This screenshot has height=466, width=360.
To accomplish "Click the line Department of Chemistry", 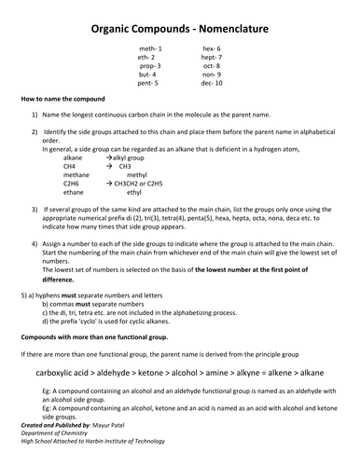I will pos(53,432).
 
